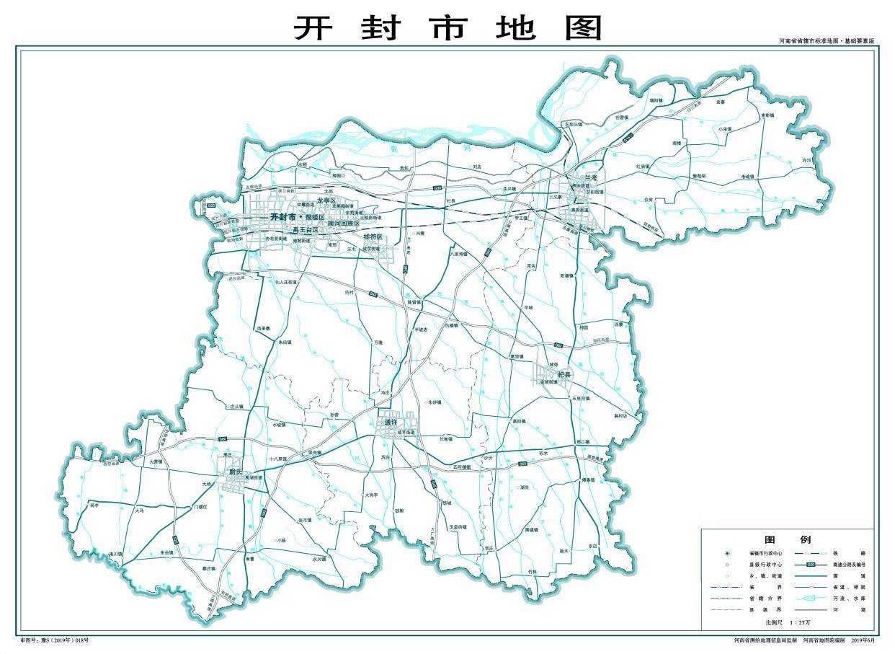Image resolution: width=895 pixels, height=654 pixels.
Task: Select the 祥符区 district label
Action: tap(373, 237)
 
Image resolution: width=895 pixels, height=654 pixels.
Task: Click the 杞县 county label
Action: tap(563, 375)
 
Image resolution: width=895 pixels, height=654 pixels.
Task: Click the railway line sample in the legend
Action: tap(810, 552)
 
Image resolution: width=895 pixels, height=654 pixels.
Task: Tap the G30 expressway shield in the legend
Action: tap(810, 565)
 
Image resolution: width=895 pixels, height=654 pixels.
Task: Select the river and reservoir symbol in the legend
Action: tap(810, 598)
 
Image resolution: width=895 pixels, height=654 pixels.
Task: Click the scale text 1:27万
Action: tap(801, 622)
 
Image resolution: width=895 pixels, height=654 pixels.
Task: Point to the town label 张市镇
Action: tap(304, 520)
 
